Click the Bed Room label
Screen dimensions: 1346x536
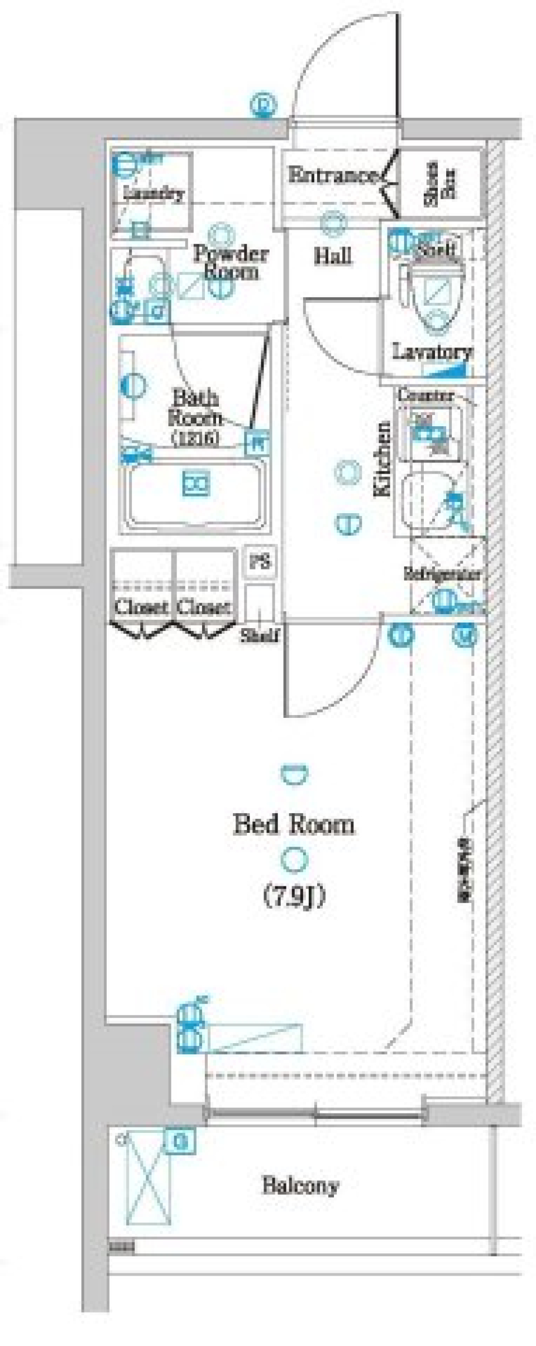294,824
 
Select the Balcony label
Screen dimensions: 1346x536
300,1186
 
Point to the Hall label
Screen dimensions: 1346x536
333,257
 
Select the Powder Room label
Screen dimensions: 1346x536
230,262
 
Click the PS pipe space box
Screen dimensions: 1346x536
260,562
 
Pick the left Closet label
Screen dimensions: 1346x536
141,607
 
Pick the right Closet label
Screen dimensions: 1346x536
204,607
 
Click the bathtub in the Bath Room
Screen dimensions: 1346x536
194,494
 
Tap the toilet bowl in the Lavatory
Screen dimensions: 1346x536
436,296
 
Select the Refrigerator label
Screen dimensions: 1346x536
442,573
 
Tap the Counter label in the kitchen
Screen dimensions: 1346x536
425,395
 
